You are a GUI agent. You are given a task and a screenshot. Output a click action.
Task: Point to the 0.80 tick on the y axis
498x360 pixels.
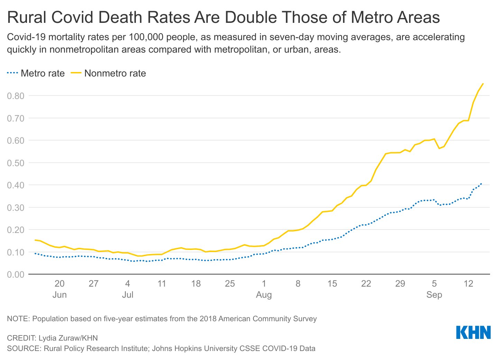coord(16,96)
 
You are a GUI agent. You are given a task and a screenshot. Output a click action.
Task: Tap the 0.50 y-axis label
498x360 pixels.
coord(16,163)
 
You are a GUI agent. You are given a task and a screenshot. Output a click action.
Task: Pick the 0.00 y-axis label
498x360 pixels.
coord(16,274)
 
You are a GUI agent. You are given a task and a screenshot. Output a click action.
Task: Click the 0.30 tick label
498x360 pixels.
coord(16,208)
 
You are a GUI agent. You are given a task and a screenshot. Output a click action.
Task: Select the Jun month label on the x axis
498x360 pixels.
coord(59,295)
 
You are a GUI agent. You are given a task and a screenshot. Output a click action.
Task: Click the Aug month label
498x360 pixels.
coord(264,295)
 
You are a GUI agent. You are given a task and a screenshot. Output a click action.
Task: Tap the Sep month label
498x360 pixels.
coord(434,295)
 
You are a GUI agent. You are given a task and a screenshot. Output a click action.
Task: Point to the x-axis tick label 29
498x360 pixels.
coord(400,284)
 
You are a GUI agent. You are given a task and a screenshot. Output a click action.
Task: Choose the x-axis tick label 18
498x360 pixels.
coord(196,284)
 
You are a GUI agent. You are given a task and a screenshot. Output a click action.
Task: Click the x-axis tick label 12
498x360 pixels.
coord(468,284)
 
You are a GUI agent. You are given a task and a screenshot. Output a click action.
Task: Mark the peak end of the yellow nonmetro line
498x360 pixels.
coord(483,84)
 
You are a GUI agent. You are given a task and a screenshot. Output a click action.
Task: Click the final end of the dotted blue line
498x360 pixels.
coord(481,184)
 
